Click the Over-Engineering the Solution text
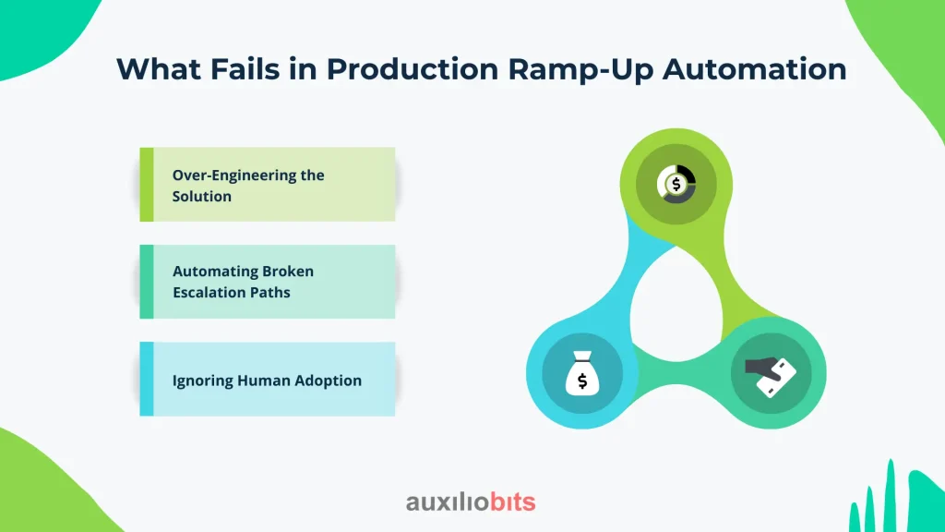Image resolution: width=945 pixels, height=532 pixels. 248,185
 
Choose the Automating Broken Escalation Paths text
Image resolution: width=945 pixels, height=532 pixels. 243,282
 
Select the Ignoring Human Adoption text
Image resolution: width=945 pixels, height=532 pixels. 267,380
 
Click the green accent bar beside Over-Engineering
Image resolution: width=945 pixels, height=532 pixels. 146,185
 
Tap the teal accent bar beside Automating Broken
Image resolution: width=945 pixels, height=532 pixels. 146,282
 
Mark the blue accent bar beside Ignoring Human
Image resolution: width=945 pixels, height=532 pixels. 146,379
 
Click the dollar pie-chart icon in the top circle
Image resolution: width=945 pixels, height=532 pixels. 676,183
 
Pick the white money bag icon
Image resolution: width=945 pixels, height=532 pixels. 581,372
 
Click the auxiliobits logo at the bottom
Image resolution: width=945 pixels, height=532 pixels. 471,502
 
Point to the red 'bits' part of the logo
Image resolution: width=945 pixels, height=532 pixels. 510,502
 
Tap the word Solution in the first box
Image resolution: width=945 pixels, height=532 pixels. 201,196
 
